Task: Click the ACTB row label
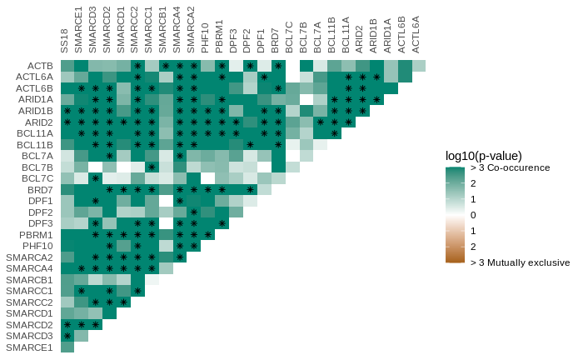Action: (40, 66)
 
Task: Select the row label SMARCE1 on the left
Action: (29, 347)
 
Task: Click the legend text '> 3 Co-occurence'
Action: (510, 167)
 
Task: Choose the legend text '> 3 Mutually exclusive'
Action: (520, 262)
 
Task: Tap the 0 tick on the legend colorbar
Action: (473, 215)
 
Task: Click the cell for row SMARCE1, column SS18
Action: (67, 347)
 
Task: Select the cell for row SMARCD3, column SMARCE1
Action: (82, 336)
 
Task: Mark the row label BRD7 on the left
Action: (40, 190)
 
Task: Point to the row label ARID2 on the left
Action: (39, 122)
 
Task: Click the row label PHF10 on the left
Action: (38, 246)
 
